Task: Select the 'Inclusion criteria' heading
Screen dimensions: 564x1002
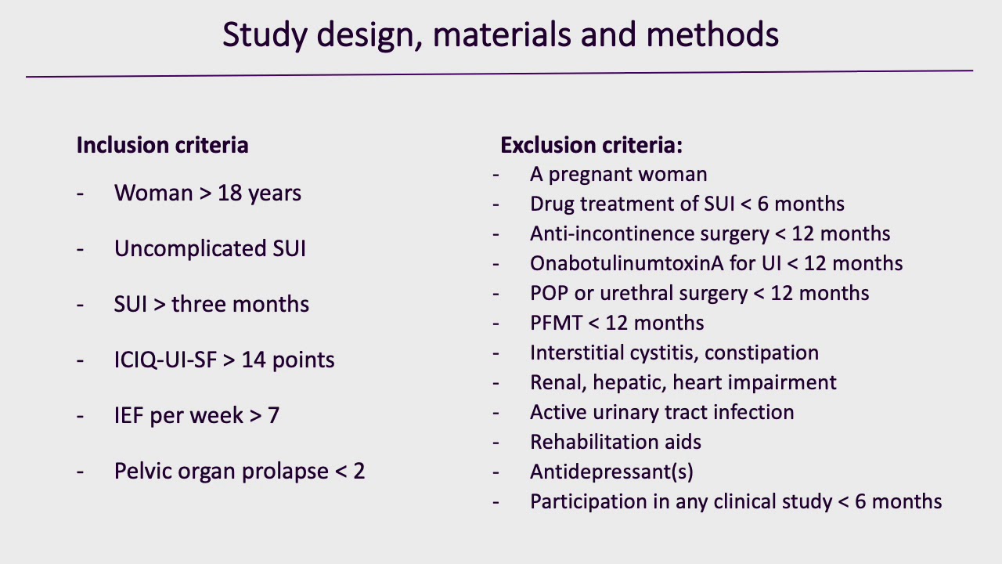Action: click(x=162, y=146)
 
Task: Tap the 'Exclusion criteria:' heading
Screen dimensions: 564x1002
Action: click(x=591, y=146)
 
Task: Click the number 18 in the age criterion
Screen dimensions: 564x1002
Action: click(x=229, y=193)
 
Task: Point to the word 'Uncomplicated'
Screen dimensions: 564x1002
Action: click(x=190, y=249)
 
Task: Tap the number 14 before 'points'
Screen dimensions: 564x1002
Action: click(x=254, y=360)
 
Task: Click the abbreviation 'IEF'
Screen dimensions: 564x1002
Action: click(x=129, y=416)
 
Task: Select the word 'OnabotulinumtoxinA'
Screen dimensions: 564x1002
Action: click(x=627, y=263)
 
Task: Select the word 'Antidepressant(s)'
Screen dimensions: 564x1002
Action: click(x=611, y=472)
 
